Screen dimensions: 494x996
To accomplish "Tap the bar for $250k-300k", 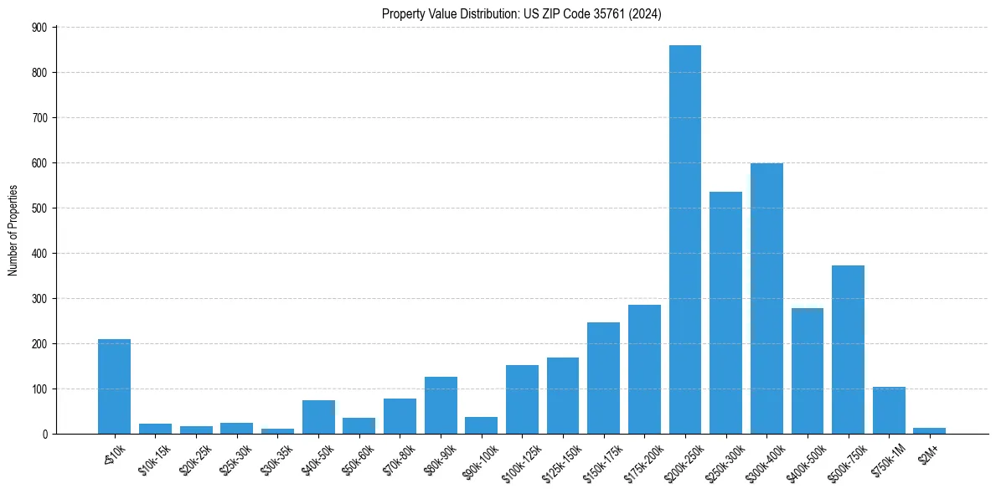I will (x=725, y=313).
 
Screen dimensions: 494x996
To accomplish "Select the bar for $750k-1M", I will (x=889, y=410).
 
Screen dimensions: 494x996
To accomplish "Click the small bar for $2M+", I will (x=930, y=430).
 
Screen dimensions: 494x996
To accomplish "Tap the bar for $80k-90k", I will (x=441, y=405).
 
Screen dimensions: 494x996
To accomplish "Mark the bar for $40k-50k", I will (x=318, y=417).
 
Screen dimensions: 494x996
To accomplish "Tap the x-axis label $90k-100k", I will (x=479, y=459).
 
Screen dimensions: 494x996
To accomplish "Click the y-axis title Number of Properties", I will (x=13, y=230).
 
